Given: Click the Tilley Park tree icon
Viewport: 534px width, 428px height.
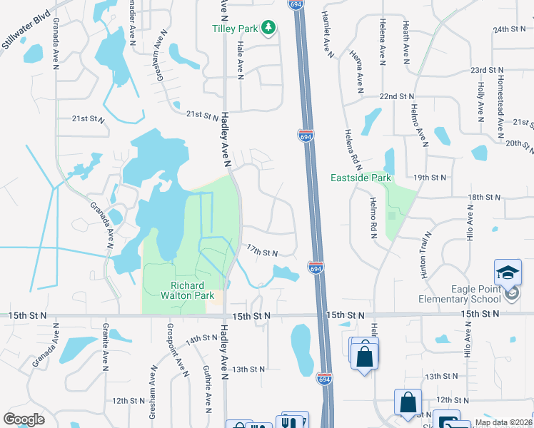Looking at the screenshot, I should coord(268,28).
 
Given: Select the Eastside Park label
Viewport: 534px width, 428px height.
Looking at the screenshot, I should coord(361,177).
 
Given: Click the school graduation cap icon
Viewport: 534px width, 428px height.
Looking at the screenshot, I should coord(508,272).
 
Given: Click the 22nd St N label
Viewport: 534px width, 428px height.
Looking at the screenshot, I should coord(397,96).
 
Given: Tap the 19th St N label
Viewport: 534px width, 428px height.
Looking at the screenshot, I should coord(430,177).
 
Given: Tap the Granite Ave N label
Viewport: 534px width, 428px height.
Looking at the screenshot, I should coord(105,349).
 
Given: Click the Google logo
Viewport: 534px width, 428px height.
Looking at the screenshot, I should coord(24,419).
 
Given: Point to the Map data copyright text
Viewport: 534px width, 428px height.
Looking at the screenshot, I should coord(503,422).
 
